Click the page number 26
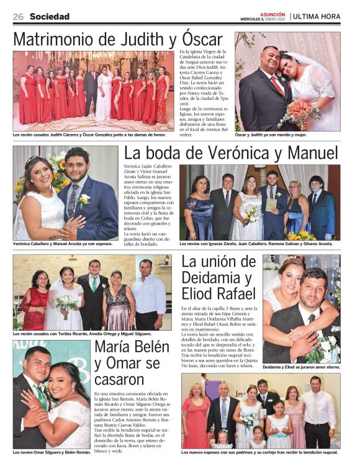[18, 17]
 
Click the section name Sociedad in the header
[50, 17]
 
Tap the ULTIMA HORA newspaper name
[318, 17]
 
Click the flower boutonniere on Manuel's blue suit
[83, 200]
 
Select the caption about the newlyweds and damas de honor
[90, 134]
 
